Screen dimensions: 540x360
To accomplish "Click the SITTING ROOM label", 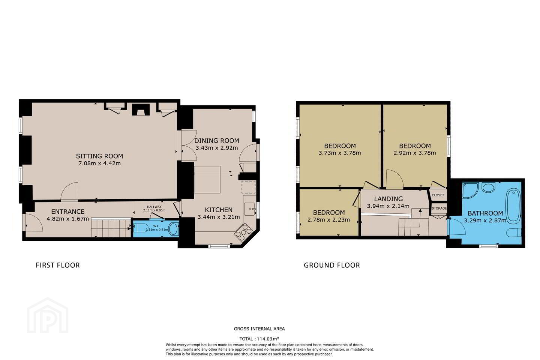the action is [100, 156].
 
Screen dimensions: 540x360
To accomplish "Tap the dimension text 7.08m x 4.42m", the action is [100, 163].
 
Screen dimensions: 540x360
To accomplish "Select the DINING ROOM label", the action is [217, 141].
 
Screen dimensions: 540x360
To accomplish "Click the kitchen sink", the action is [250, 209].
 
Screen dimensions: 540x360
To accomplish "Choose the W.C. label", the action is [156, 226].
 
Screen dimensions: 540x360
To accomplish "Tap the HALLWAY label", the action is [154, 207].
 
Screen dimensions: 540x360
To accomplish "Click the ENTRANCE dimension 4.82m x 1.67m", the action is [68, 219].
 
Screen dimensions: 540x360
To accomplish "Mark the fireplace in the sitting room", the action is [141, 110].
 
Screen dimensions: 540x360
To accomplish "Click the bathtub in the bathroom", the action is [513, 205].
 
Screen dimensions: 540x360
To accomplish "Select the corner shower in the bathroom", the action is [470, 190].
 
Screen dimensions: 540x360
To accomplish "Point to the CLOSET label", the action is [438, 195].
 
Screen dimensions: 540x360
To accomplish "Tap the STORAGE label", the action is [439, 208].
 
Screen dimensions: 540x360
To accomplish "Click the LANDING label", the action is [388, 199].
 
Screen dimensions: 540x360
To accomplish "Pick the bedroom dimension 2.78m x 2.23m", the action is [328, 220].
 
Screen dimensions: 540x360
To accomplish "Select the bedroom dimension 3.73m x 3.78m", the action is [340, 153].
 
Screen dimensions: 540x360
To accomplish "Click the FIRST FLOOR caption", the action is [58, 265].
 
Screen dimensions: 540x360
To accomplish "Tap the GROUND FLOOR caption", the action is [332, 265].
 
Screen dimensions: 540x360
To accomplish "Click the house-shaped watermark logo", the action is [48, 316].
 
